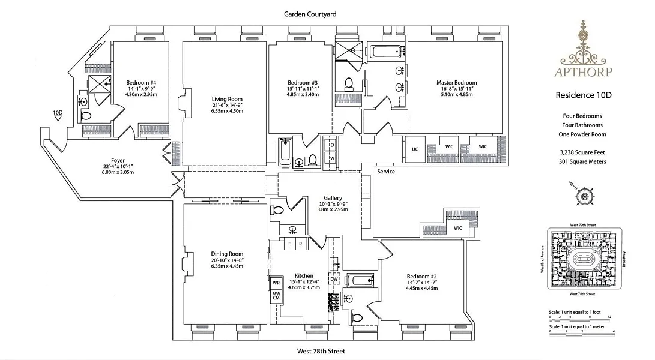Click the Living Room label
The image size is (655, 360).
coord(227,100)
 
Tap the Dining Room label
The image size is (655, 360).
coord(227,254)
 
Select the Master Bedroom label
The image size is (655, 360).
coord(456,83)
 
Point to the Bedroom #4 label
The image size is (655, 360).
coord(141,83)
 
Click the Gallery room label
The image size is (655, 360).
coord(333,198)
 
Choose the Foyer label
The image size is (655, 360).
coord(118,161)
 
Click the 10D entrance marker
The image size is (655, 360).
coord(58,112)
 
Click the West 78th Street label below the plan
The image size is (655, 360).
coord(321,351)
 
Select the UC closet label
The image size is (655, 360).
coord(415,149)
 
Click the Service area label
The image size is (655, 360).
coord(386,172)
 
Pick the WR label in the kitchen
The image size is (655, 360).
coord(276,282)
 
